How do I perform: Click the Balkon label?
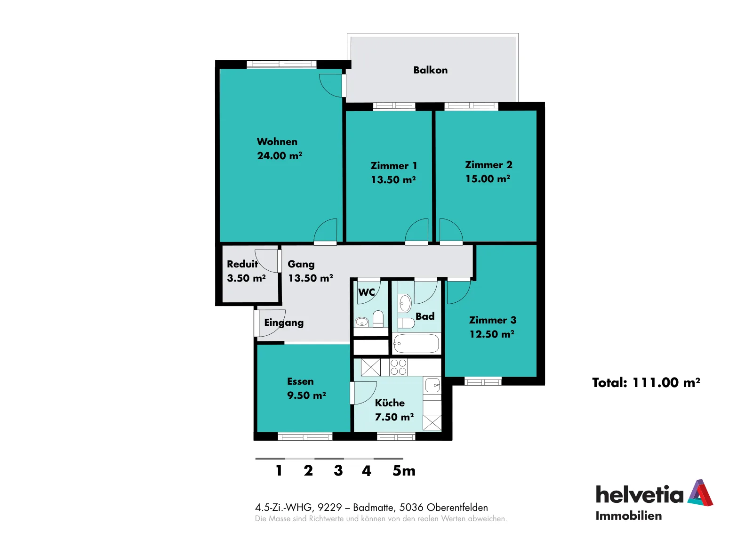(x=430, y=70)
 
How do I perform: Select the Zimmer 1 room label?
(x=393, y=165)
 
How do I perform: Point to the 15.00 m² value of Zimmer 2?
(x=488, y=178)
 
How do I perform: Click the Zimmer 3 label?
(x=492, y=320)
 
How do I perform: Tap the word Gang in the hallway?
(x=301, y=264)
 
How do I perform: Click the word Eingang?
(x=284, y=323)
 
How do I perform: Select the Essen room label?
(x=300, y=381)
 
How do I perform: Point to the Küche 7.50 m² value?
(x=394, y=417)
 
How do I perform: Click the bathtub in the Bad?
(x=416, y=343)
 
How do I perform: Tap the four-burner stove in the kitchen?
(x=398, y=367)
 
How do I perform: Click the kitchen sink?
(x=433, y=385)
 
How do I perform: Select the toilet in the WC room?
(x=378, y=318)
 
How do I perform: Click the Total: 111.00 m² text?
(x=646, y=382)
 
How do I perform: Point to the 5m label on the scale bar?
(x=404, y=470)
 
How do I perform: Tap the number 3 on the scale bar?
(x=338, y=470)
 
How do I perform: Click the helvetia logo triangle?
(x=700, y=493)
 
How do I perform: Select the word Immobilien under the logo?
(x=628, y=516)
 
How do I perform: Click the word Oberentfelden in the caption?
(x=457, y=507)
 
